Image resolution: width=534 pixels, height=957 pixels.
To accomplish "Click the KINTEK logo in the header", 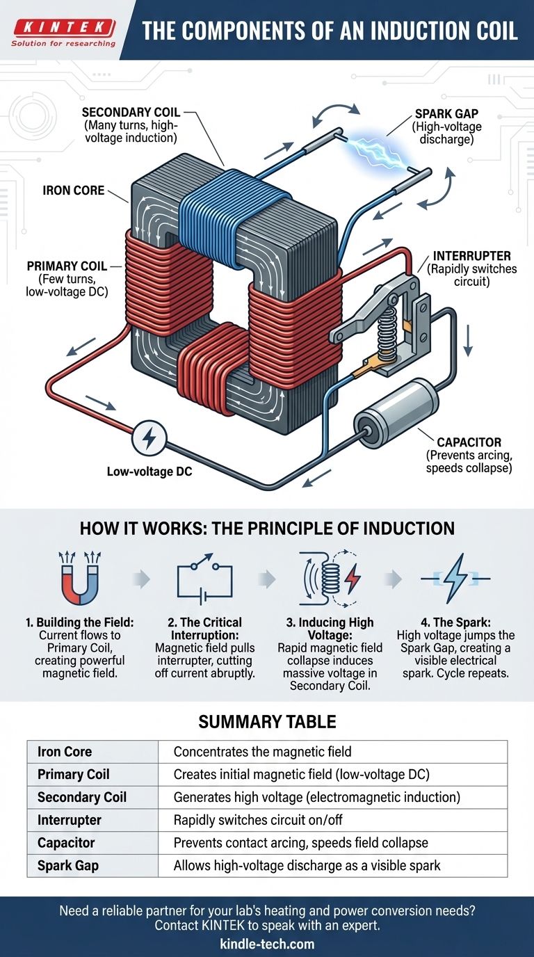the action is [x=64, y=33].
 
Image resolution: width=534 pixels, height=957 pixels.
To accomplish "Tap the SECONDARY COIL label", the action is [x=131, y=113].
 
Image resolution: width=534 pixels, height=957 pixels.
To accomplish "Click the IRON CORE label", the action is [x=74, y=191].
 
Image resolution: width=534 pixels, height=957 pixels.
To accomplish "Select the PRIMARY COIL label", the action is [x=67, y=266].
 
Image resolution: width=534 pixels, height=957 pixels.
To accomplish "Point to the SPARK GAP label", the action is [x=446, y=114].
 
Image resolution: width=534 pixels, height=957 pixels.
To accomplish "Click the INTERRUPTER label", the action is [x=471, y=256].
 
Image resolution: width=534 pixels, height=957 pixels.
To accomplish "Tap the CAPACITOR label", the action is [x=469, y=442].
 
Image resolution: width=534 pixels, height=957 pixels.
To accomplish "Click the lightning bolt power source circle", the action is [x=149, y=438].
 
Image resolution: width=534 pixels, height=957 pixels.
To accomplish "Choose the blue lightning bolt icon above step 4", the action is [x=455, y=579].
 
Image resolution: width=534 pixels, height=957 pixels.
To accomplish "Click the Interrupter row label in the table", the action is [x=70, y=820].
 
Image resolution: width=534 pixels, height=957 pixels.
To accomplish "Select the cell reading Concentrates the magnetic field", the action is [x=262, y=752].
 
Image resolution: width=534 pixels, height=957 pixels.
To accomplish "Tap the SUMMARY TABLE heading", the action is [x=268, y=722].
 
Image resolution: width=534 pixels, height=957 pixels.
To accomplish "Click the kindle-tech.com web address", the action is [x=267, y=944].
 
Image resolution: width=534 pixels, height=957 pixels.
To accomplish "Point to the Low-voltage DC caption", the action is [x=149, y=472].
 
